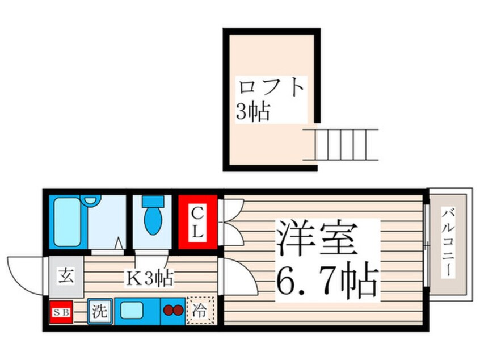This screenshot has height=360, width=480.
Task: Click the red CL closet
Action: coord(198,222)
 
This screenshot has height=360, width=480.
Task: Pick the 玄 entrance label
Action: coord(64,277)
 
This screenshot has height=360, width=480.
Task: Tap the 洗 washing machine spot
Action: coord(99,312)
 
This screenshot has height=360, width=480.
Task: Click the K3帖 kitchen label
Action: coord(149,278)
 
